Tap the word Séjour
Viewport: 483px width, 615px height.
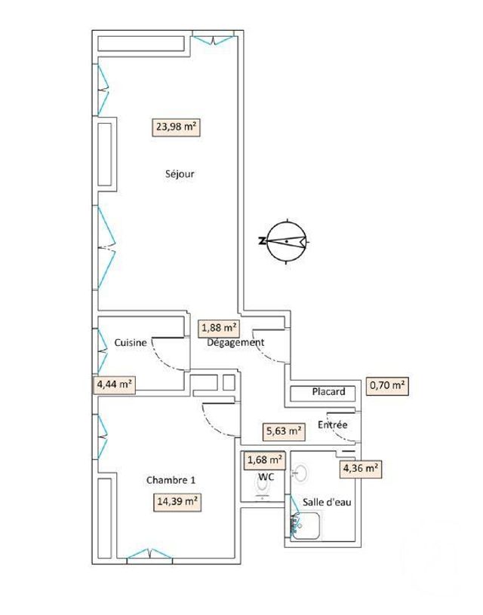click(x=180, y=174)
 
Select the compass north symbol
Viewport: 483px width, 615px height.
click(x=286, y=241)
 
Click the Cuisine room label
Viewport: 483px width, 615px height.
click(x=131, y=342)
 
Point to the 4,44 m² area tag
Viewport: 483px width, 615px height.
click(x=114, y=384)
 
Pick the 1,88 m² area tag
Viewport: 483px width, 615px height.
click(x=219, y=328)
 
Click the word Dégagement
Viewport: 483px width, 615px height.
click(x=236, y=342)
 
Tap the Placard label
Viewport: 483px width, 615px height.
click(x=328, y=392)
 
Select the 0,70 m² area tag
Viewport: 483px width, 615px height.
click(x=387, y=387)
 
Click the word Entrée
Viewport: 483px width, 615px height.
click(x=332, y=425)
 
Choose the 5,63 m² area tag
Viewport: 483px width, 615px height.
click(x=283, y=432)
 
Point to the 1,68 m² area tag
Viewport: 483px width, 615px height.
click(x=264, y=459)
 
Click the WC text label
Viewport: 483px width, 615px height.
click(x=265, y=476)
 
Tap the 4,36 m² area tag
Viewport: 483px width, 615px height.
click(x=360, y=468)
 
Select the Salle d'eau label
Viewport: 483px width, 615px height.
click(x=327, y=502)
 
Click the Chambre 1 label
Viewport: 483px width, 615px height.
click(x=171, y=480)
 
